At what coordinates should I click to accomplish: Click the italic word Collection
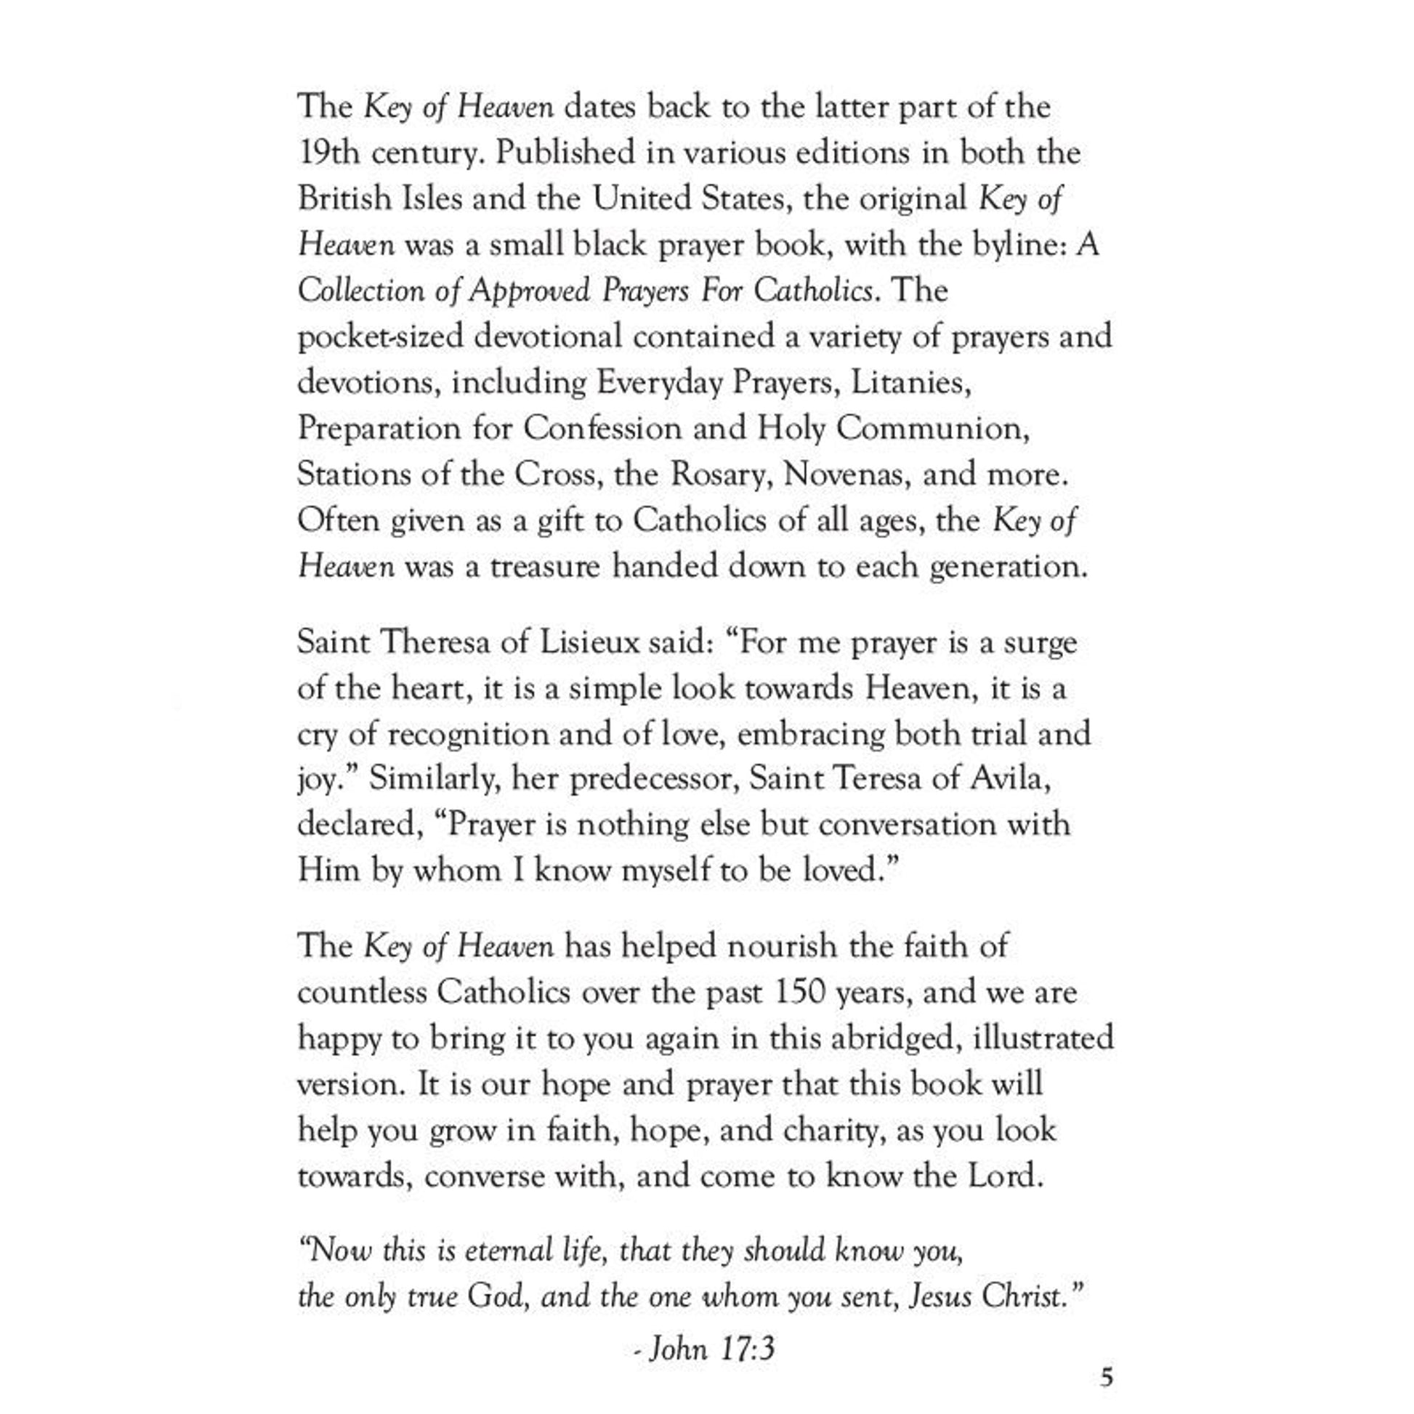pos(360,291)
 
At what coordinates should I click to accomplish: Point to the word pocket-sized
pos(380,337)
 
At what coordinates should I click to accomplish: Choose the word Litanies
pos(910,383)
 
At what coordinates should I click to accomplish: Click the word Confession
pos(602,428)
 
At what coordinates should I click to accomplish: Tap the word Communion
pos(932,428)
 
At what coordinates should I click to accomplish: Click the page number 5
pos(1107,1378)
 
